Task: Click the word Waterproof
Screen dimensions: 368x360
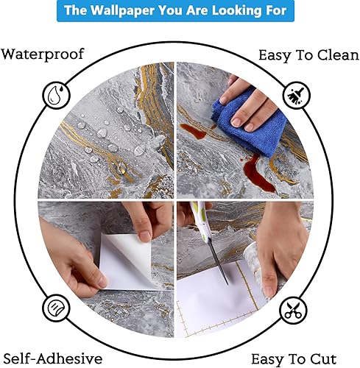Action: point(42,54)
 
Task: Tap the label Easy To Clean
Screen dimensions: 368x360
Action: point(308,55)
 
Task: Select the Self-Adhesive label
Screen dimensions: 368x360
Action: point(52,358)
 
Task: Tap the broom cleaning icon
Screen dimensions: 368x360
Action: point(297,96)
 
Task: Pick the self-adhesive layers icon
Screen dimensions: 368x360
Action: point(56,306)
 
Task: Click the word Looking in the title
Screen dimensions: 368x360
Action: point(234,11)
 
